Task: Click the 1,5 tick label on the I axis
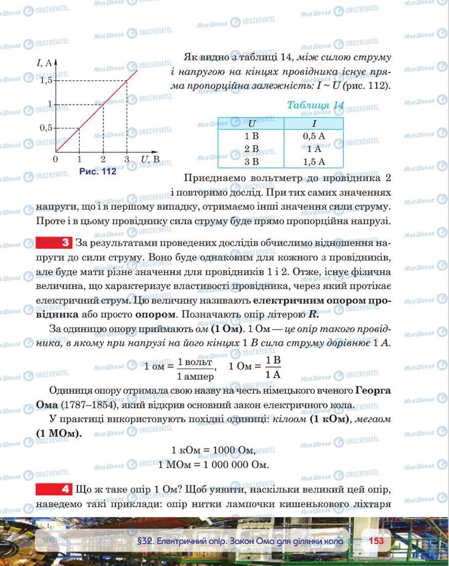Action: [x=46, y=81]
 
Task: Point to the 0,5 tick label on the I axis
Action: [x=46, y=128]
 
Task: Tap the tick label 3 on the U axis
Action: [x=127, y=160]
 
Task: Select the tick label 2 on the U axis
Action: [x=103, y=160]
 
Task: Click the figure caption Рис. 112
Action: [x=98, y=171]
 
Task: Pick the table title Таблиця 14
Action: [x=316, y=105]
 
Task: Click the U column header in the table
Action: [x=251, y=124]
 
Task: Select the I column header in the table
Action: [x=314, y=124]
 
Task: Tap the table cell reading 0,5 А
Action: [x=314, y=136]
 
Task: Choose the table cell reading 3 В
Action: [x=251, y=161]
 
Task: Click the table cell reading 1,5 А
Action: [x=314, y=161]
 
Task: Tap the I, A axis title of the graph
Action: [x=44, y=62]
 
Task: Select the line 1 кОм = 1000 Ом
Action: [x=213, y=450]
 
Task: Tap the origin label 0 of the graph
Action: [x=55, y=159]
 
